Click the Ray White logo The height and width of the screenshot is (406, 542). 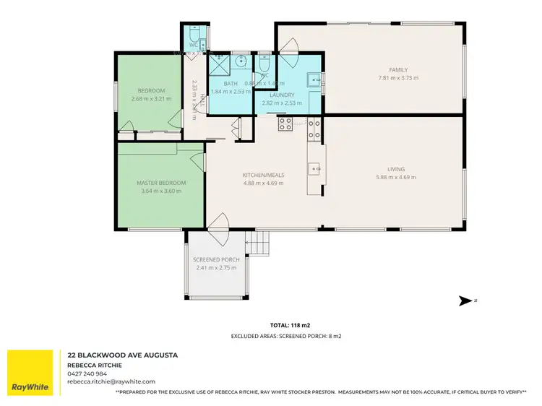30,373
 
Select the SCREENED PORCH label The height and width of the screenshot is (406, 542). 216,259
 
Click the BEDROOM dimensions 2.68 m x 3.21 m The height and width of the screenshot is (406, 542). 152,98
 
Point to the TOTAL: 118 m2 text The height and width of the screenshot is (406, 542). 270,326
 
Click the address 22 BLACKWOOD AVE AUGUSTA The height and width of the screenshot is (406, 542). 122,355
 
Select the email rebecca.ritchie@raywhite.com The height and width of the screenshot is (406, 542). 112,381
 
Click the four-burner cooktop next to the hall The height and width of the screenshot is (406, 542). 284,124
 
